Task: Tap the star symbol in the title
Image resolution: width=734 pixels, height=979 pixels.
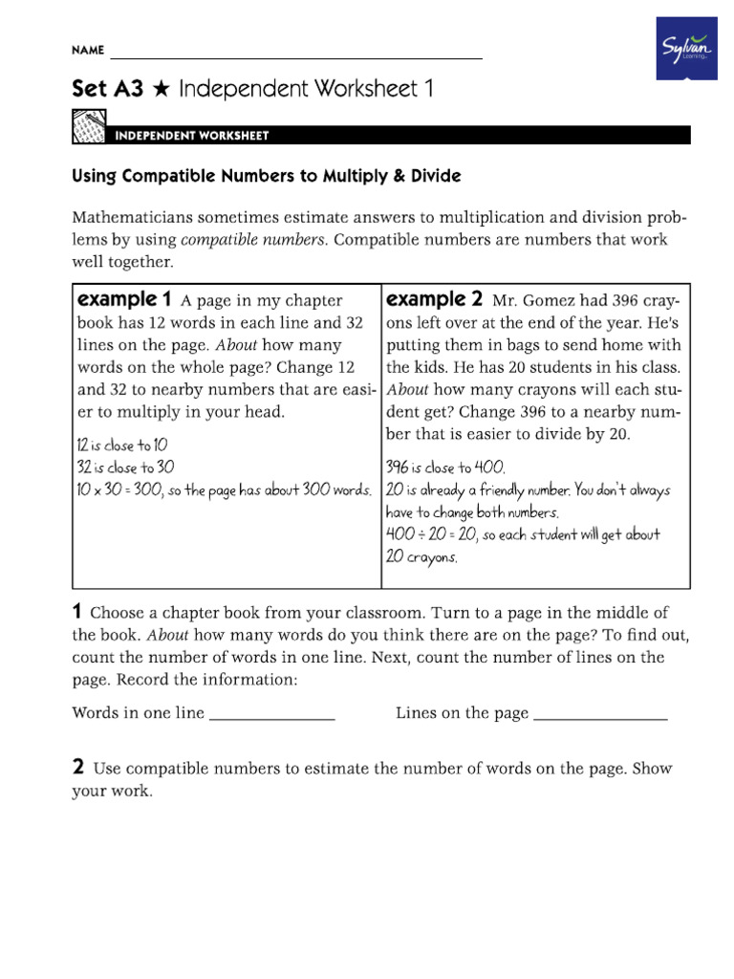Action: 161,91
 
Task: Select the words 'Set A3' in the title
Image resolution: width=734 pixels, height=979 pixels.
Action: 108,91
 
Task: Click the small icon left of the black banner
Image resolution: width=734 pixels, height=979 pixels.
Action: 89,128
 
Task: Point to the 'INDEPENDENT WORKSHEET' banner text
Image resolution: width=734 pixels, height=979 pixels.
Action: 191,136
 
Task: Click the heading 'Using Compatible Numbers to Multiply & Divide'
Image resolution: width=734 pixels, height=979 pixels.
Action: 267,177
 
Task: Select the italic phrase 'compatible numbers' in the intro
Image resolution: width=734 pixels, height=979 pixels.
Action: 253,239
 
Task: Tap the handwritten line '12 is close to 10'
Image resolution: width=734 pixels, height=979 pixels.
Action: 120,446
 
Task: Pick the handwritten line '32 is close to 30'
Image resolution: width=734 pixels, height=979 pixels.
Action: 124,468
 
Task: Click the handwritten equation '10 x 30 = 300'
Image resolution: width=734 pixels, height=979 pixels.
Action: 119,490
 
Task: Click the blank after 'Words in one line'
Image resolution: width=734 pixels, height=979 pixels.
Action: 271,713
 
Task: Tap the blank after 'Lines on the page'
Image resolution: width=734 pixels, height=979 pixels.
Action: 600,713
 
